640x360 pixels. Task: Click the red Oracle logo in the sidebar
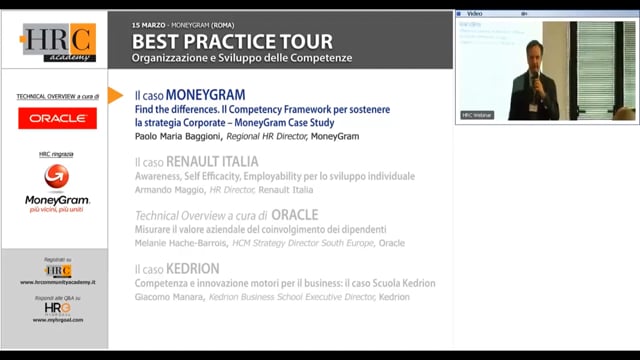(57, 118)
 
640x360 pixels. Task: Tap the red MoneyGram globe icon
(57, 176)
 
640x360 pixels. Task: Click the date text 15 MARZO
(150, 22)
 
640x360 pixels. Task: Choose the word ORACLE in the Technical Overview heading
(295, 215)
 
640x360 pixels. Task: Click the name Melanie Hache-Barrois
(176, 243)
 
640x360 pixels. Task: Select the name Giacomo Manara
(167, 297)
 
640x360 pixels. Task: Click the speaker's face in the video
(535, 51)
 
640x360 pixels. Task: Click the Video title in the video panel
(474, 14)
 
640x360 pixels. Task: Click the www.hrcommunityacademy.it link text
(57, 283)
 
